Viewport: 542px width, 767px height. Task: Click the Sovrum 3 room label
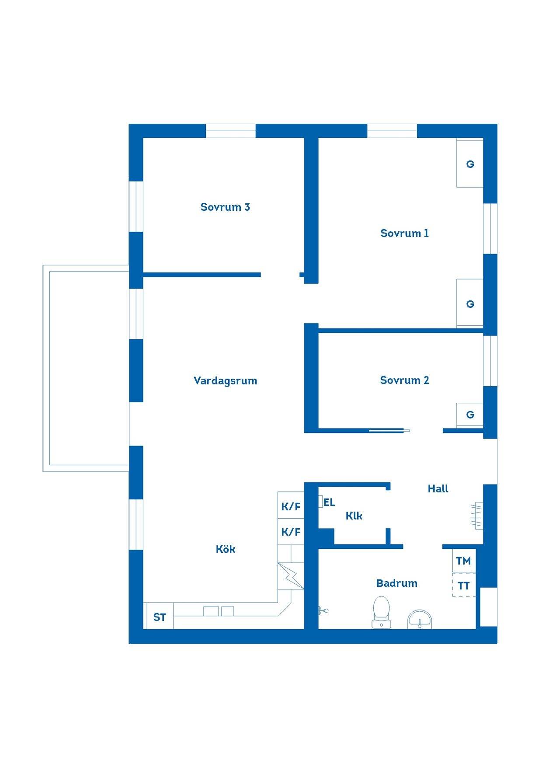225,207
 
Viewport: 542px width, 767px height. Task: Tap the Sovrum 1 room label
404,233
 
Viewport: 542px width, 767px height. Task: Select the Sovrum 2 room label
404,380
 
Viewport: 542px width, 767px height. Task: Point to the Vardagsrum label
225,381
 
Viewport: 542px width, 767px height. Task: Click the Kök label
226,549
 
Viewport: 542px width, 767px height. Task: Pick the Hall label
438,488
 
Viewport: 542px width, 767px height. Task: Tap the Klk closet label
354,516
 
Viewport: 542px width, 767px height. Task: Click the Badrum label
396,583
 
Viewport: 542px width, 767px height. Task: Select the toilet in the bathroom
382,612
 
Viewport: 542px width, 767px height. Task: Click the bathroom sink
420,620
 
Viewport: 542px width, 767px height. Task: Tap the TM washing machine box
464,561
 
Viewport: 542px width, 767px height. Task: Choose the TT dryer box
464,585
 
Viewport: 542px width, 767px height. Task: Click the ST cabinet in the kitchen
160,617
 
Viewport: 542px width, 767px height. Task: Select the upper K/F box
291,506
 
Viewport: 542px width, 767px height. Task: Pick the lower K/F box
291,532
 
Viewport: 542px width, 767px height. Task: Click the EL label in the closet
329,502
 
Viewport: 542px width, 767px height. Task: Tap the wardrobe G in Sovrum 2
470,415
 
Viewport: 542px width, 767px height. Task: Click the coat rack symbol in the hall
476,515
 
